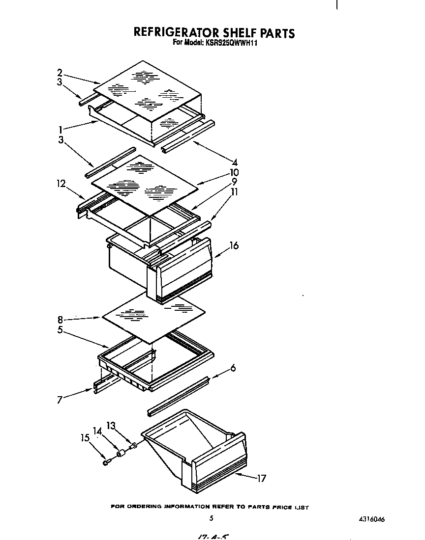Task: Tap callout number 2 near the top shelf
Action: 60,72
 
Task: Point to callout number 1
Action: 60,130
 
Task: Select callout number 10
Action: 234,172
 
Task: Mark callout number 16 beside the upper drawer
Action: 234,245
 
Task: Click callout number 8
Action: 60,319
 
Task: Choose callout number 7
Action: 60,401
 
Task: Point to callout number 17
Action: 261,478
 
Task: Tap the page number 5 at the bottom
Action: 211,518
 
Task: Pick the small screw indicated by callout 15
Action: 106,462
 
